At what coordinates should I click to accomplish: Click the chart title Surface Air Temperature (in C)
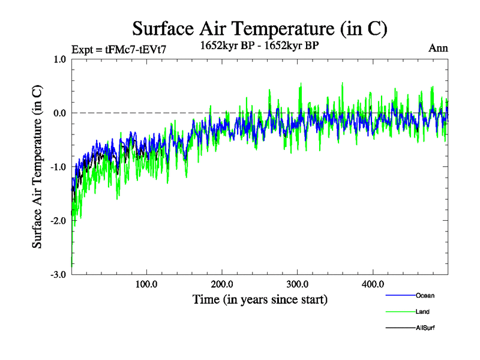[x=259, y=28]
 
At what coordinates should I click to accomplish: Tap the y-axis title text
[x=37, y=166]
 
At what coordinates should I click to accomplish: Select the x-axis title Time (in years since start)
[x=260, y=299]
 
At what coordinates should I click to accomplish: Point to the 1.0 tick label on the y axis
[x=59, y=59]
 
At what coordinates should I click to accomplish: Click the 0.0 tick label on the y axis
[x=59, y=113]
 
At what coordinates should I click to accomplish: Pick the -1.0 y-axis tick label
[x=58, y=167]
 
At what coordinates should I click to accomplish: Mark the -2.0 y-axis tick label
[x=58, y=221]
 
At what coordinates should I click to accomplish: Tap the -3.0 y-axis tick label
[x=58, y=274]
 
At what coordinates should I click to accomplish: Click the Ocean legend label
[x=425, y=295]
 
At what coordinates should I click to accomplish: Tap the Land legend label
[x=422, y=312]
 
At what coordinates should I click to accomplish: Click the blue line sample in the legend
[x=400, y=295]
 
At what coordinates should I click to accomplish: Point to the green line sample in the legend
[x=400, y=312]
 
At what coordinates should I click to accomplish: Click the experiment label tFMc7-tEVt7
[x=118, y=49]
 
